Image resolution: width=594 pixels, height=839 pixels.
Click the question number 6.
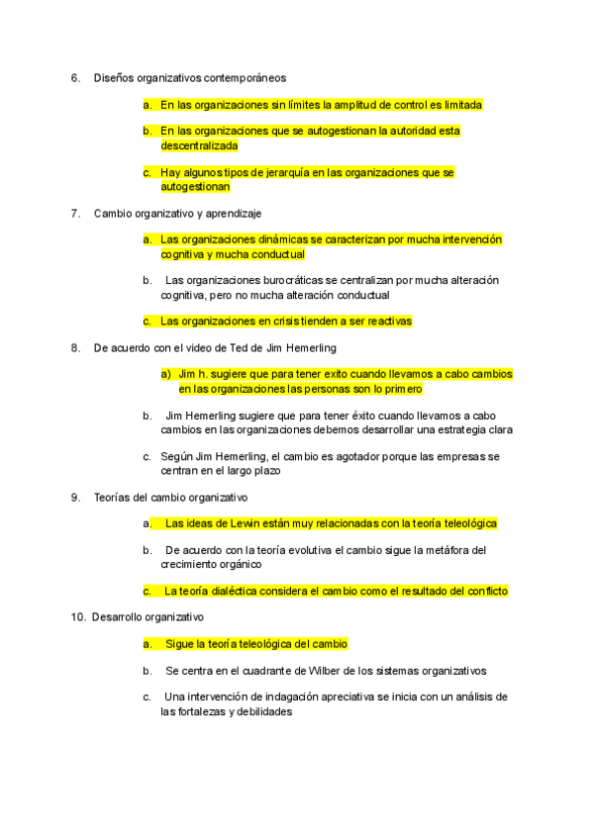click(x=75, y=77)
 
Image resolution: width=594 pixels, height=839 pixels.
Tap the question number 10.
click(x=78, y=617)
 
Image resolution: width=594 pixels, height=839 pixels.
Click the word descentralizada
click(x=199, y=145)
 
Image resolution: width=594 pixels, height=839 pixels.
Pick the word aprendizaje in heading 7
click(x=234, y=213)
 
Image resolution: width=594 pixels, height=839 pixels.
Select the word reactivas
click(x=385, y=321)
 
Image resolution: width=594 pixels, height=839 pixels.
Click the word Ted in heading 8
click(x=229, y=347)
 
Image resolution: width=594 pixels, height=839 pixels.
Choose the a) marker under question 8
click(x=165, y=374)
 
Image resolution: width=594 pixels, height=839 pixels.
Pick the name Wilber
click(x=348, y=671)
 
